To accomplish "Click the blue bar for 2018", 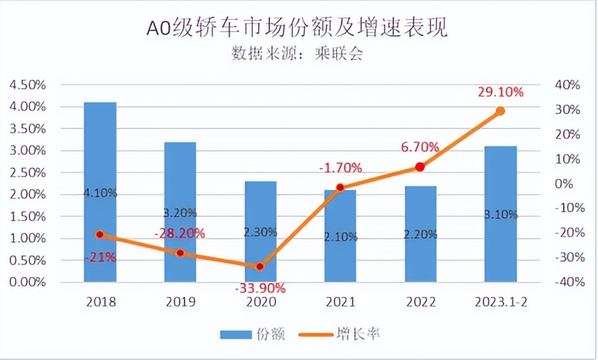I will (100, 192).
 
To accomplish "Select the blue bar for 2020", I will (260, 231).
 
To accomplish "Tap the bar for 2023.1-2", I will (500, 214).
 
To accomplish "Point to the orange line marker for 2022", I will (420, 167).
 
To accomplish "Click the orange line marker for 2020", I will (260, 266).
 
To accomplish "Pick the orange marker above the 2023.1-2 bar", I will (500, 111).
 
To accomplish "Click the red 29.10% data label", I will (501, 92).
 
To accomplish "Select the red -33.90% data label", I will (260, 288).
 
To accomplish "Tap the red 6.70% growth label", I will (420, 147).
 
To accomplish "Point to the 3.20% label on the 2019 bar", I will (180, 212).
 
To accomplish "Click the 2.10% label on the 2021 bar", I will (340, 236).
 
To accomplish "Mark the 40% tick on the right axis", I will (567, 85).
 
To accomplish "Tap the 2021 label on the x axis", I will (340, 301).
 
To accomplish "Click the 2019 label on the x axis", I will (180, 301).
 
